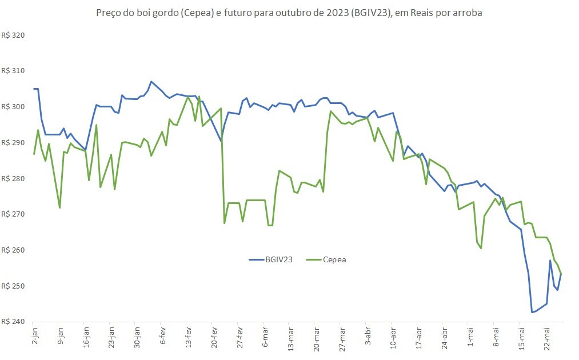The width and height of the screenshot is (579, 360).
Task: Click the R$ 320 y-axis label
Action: [13, 35]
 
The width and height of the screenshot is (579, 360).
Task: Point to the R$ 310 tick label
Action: [13, 71]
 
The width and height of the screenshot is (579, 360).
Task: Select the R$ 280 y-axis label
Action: [13, 179]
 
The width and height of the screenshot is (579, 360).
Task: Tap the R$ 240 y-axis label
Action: [13, 322]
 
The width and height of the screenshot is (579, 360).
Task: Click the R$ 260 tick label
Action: [13, 250]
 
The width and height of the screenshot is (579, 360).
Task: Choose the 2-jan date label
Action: [35, 335]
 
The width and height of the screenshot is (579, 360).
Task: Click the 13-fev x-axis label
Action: [188, 337]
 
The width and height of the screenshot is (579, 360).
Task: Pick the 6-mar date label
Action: [265, 337]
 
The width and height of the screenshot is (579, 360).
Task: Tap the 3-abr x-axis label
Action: [368, 335]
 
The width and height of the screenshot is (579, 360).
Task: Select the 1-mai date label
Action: [470, 336]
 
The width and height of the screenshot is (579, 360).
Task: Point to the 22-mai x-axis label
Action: [547, 338]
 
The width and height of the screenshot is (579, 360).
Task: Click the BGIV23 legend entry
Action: [271, 260]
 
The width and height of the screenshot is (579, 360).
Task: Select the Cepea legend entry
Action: [326, 260]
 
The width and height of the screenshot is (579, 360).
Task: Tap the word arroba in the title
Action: [469, 13]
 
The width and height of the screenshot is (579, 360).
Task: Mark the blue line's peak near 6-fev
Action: [151, 81]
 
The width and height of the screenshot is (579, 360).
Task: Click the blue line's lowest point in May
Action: [532, 313]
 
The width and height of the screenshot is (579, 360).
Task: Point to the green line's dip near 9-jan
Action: [60, 208]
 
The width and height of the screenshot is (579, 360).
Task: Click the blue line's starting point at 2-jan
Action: [34, 89]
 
